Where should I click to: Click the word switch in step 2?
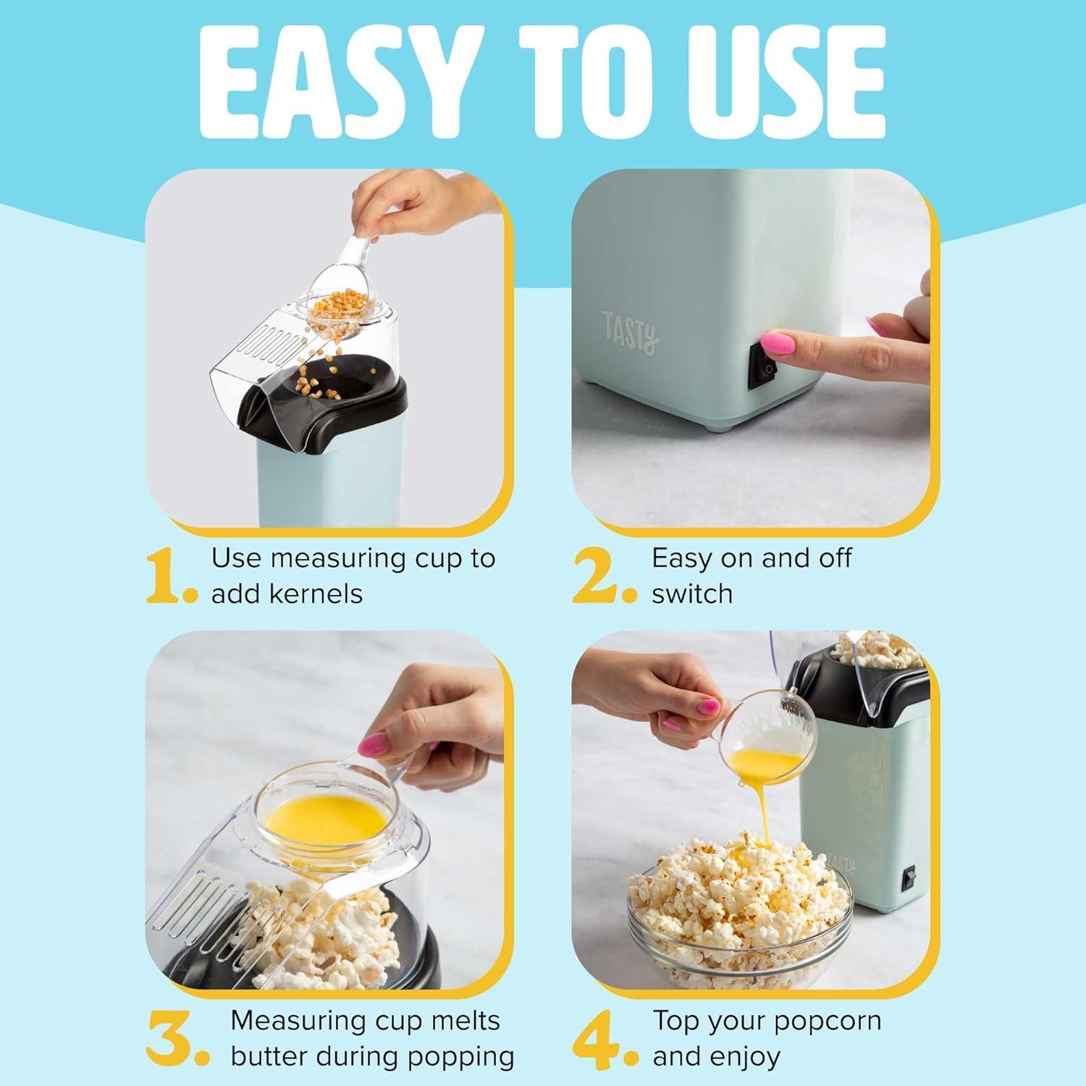692,594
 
